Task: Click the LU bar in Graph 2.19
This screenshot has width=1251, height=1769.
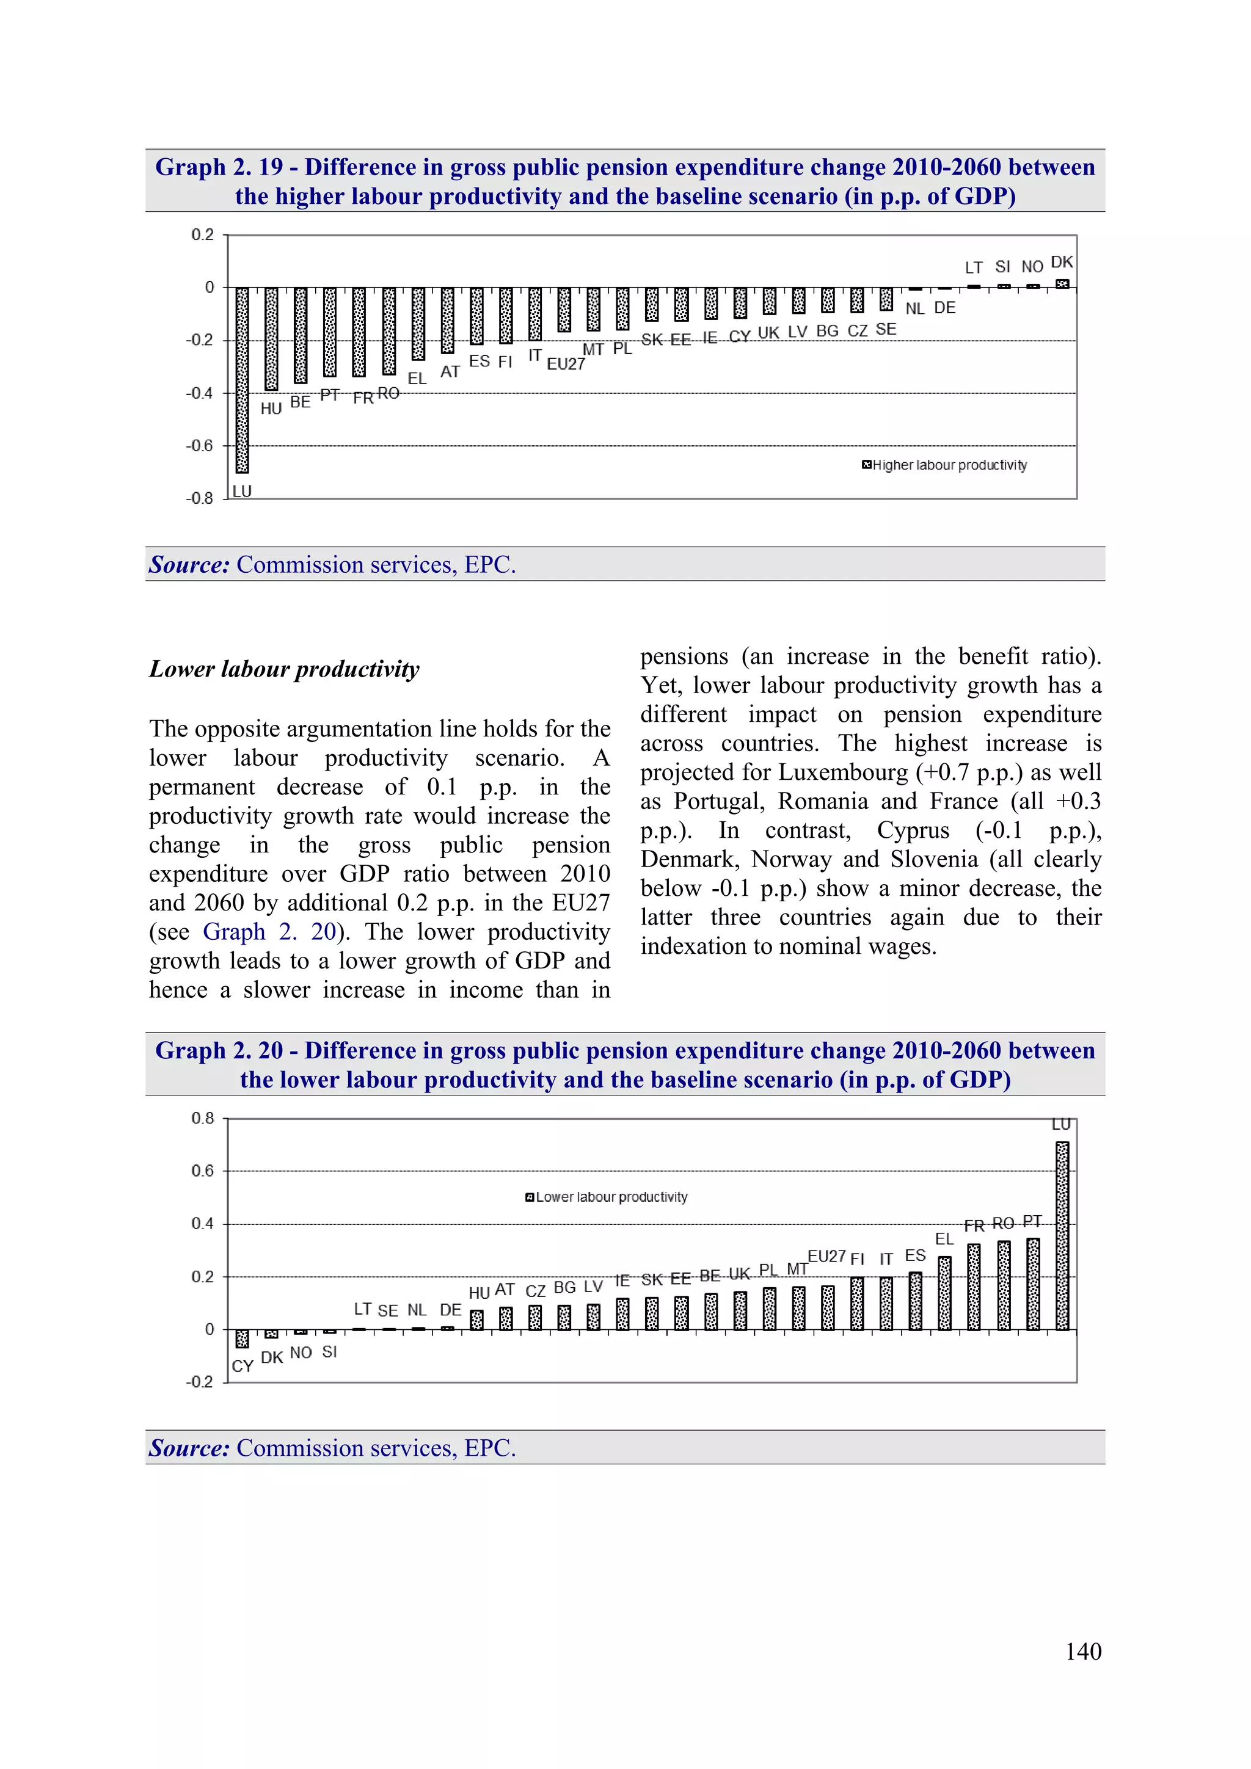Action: (x=242, y=380)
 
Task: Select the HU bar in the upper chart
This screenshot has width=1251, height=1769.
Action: (x=271, y=339)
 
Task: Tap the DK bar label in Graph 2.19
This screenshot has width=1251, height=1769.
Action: (x=1062, y=262)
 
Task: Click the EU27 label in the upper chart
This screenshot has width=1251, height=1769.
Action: (x=566, y=364)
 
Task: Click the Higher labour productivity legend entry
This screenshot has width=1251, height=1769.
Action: (x=944, y=465)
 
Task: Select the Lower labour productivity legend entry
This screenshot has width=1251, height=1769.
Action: (x=607, y=1197)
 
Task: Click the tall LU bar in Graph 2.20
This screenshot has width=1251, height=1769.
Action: (x=1062, y=1236)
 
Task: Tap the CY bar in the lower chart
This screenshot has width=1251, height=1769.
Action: (x=242, y=1339)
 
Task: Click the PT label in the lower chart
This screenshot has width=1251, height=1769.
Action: (x=1032, y=1221)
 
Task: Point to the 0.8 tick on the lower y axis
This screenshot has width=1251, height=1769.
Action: (x=203, y=1118)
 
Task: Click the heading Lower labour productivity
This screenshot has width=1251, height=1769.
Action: (x=285, y=669)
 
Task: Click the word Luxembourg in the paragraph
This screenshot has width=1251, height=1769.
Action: (x=842, y=772)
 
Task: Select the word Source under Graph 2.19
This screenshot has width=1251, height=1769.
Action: (x=189, y=565)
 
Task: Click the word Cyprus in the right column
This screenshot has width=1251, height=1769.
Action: (x=913, y=830)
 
